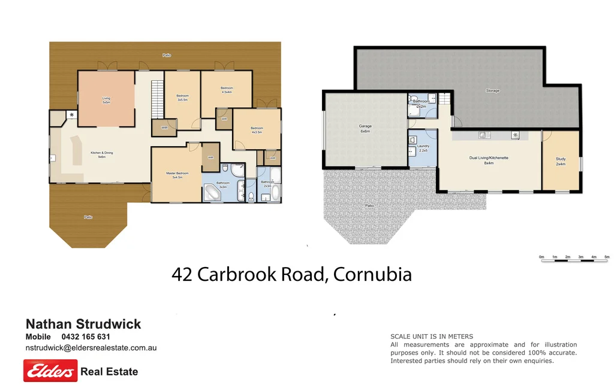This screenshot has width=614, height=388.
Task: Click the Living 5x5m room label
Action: click(x=106, y=100)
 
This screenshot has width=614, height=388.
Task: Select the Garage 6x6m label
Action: click(x=365, y=128)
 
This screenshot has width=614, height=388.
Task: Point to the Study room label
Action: click(x=561, y=161)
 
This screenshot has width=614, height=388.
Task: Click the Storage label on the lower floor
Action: click(x=492, y=91)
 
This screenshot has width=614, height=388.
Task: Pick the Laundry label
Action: click(x=423, y=148)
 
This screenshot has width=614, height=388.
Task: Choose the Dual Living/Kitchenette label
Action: click(x=489, y=159)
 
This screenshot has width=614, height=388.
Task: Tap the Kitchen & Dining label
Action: click(x=101, y=154)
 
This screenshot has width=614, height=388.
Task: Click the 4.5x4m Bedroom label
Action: click(x=227, y=90)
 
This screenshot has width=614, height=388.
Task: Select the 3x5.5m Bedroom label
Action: click(x=182, y=98)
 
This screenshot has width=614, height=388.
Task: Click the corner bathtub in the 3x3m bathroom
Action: click(x=213, y=193)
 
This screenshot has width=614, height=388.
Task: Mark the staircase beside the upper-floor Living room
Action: click(x=157, y=99)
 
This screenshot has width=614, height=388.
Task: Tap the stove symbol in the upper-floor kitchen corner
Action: click(x=72, y=115)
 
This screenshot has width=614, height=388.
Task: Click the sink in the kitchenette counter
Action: click(x=484, y=135)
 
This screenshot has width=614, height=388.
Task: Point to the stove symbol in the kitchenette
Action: click(x=514, y=135)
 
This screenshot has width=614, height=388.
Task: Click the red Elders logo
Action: click(x=50, y=371)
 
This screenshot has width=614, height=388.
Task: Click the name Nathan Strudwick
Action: click(x=83, y=324)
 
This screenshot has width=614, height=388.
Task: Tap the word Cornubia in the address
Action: click(x=372, y=275)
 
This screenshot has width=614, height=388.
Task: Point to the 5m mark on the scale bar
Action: click(x=606, y=257)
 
